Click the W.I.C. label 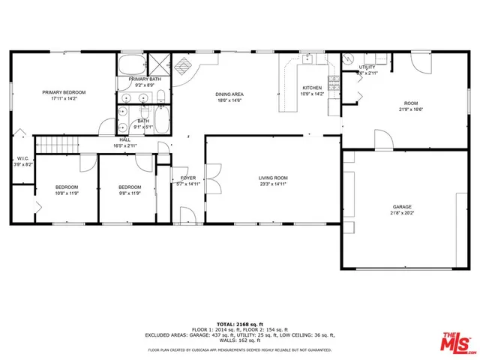23,158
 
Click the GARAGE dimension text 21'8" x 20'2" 402,213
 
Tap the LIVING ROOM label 274,178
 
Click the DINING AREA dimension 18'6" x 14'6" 230,100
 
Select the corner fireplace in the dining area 182,64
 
